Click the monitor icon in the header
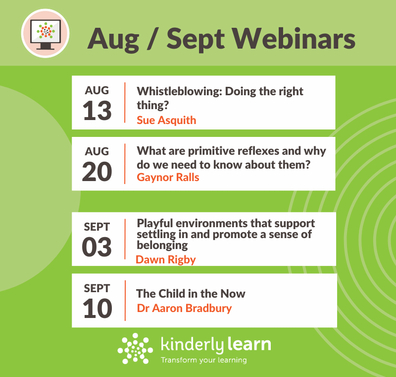click(46, 34)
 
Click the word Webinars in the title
click(294, 39)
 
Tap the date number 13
click(97, 111)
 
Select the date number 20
click(97, 172)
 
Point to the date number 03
click(97, 247)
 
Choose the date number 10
click(97, 308)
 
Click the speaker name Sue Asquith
click(166, 121)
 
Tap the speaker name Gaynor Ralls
click(168, 178)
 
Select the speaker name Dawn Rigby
click(166, 260)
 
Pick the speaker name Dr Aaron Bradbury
click(184, 309)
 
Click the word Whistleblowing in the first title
click(180, 91)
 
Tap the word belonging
click(162, 246)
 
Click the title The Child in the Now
click(191, 294)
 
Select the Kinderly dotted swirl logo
click(135, 348)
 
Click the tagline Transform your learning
click(204, 360)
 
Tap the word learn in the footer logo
click(249, 344)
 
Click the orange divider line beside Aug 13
click(125, 103)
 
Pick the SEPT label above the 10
click(97, 288)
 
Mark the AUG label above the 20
click(97, 152)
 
